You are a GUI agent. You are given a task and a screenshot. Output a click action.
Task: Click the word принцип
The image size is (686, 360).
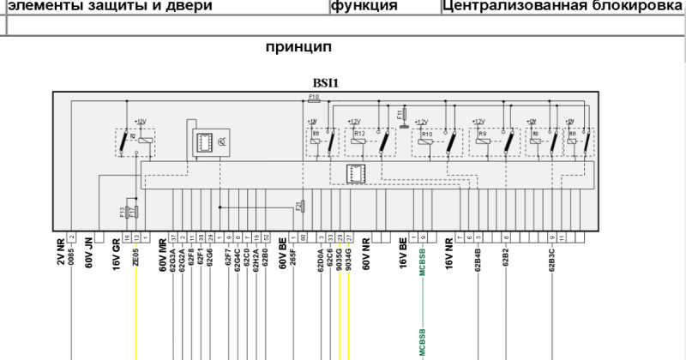tap(299, 46)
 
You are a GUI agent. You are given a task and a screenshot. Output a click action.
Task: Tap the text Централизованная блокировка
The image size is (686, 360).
tap(562, 6)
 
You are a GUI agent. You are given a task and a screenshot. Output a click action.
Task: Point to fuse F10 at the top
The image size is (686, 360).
tap(314, 100)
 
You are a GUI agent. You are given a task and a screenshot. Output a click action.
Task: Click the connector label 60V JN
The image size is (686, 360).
tap(88, 255)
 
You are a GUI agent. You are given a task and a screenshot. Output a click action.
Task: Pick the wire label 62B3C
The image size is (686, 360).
tap(551, 260)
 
